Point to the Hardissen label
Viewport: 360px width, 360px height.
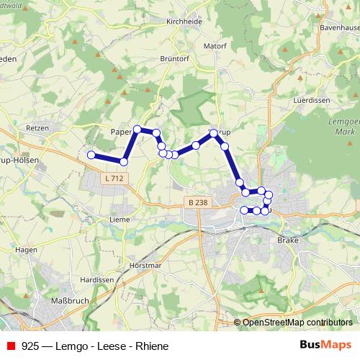[x=97, y=279]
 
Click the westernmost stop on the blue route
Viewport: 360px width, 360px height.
[x=91, y=155]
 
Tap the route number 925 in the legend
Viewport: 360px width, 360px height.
[x=30, y=346]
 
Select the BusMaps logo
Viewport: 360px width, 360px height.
[x=325, y=345]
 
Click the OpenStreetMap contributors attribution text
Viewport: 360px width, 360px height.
[x=297, y=323]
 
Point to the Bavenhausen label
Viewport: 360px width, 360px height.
[x=339, y=27]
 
